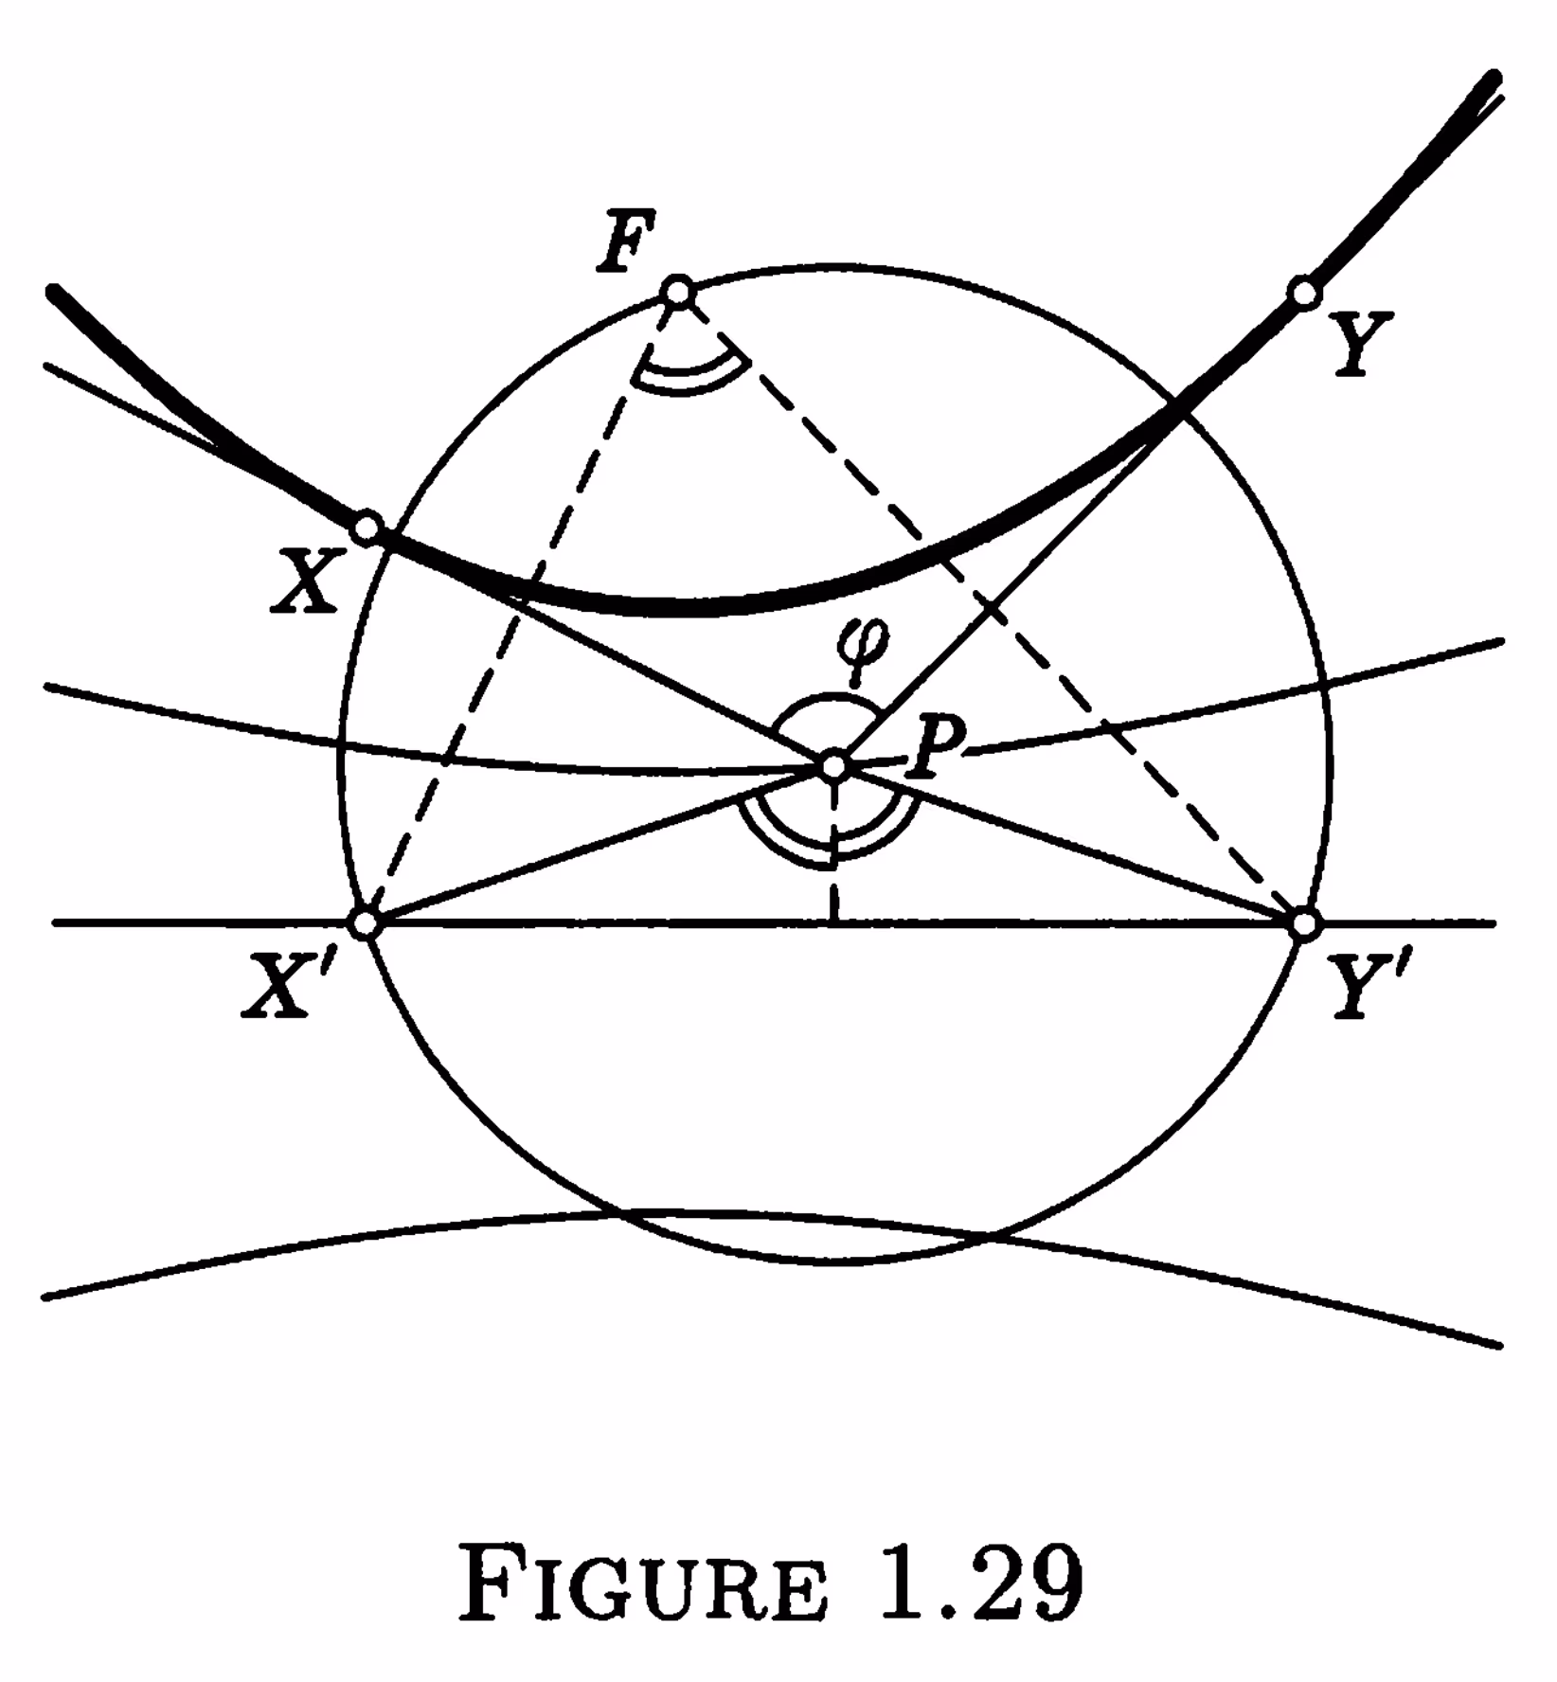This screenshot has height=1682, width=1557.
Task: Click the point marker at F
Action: [x=679, y=292]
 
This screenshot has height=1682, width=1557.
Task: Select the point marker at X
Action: [x=367, y=527]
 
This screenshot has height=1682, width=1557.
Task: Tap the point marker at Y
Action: [x=1304, y=294]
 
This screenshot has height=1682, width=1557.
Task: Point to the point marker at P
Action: [x=833, y=765]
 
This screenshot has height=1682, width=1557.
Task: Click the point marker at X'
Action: [x=365, y=922]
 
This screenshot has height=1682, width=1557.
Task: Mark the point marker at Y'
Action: [x=1305, y=922]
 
